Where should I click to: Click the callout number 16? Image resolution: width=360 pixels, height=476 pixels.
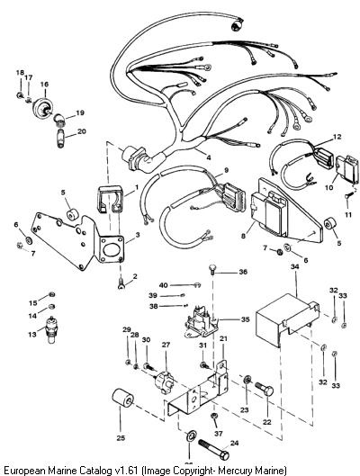coord(44,84)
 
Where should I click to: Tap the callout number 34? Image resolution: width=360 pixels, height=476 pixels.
coord(294,266)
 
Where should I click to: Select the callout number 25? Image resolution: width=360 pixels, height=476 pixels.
coord(121,437)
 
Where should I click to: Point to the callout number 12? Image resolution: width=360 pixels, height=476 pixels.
coord(337,137)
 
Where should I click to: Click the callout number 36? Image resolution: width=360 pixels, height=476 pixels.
coord(243,272)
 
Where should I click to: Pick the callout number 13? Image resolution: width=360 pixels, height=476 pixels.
coord(32,334)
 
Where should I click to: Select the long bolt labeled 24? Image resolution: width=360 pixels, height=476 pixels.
coord(214,450)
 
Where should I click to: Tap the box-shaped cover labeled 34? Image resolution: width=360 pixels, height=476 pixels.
coord(287,320)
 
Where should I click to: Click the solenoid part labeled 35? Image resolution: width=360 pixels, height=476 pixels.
coord(202,324)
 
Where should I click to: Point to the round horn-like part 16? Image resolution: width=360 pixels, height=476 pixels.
coord(43,107)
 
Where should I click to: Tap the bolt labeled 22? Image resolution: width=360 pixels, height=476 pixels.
coord(264,388)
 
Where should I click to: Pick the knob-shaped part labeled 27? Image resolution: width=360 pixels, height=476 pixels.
coord(164,381)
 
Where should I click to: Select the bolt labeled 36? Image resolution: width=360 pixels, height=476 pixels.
coord(212,269)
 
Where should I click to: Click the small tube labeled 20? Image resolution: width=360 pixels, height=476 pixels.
coord(60,138)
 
